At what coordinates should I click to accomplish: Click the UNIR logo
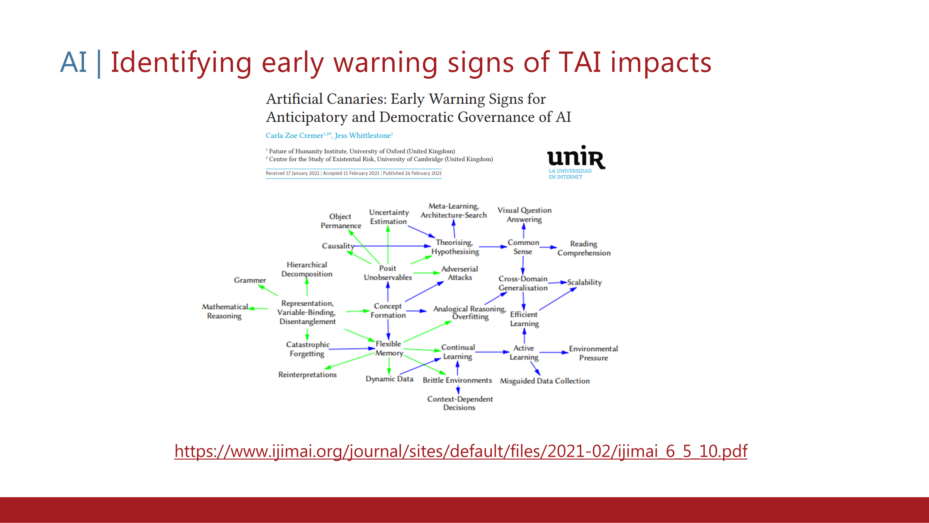tap(576, 162)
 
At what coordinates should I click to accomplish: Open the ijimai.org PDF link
tap(461, 451)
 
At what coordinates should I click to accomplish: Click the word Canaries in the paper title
tap(357, 99)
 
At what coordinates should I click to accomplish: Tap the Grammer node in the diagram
tap(250, 280)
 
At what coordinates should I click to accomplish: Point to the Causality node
tap(338, 246)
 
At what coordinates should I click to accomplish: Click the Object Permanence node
tap(341, 221)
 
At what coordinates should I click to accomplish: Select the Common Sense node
tap(523, 247)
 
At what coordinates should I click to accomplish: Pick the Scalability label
tap(584, 282)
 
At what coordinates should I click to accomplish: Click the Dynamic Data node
tap(389, 379)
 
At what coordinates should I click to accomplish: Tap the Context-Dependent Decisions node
tap(460, 403)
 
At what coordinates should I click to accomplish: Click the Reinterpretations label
tap(307, 375)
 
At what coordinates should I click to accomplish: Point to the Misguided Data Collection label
tap(545, 381)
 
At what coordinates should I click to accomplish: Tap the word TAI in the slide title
tap(579, 62)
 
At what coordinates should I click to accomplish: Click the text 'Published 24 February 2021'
tap(412, 173)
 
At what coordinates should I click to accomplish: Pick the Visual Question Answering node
tap(524, 215)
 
